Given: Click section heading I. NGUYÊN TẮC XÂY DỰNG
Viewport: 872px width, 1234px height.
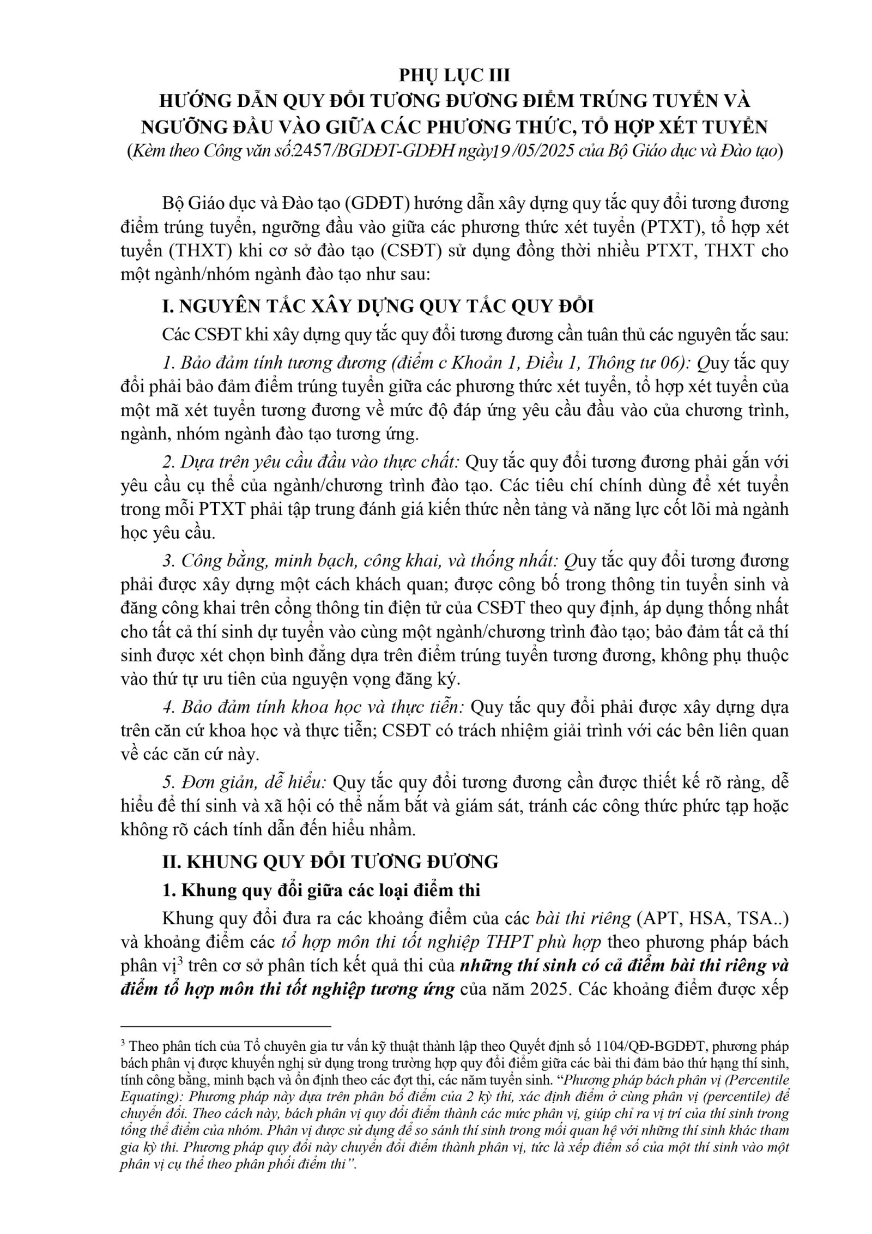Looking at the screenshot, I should (378, 306).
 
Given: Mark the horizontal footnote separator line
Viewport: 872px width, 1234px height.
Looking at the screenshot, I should (226, 1026).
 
